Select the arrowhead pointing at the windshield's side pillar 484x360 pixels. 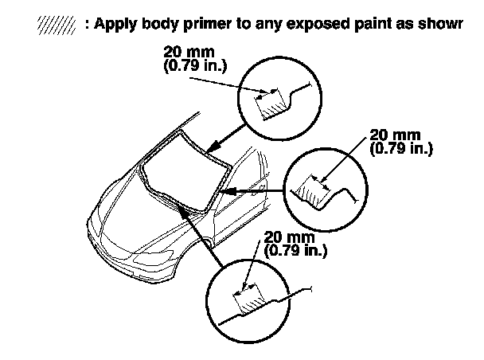[x=226, y=192]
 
